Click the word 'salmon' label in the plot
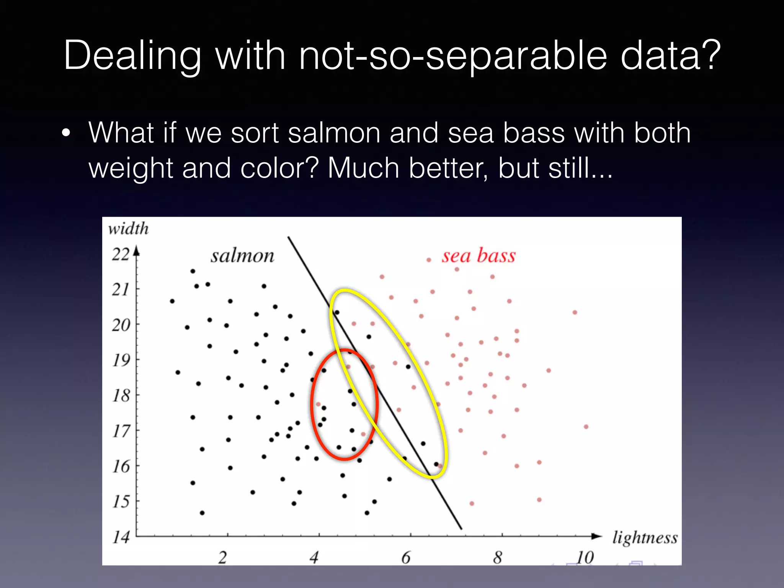[x=242, y=256]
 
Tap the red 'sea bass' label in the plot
[x=479, y=256]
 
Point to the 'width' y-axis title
[x=128, y=229]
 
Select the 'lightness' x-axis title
[x=645, y=538]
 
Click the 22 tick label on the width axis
[x=121, y=254]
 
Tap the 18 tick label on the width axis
[x=121, y=395]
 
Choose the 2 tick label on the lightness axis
[x=222, y=558]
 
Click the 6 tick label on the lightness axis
[x=406, y=558]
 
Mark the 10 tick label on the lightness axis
[x=585, y=558]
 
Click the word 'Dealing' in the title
[x=132, y=56]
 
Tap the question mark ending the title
[x=712, y=56]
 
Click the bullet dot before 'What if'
[x=66, y=133]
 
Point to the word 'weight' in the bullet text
[x=131, y=168]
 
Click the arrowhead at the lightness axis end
[x=596, y=536]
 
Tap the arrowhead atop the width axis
[x=136, y=251]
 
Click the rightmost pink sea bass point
[x=586, y=427]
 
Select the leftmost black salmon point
[x=172, y=301]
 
